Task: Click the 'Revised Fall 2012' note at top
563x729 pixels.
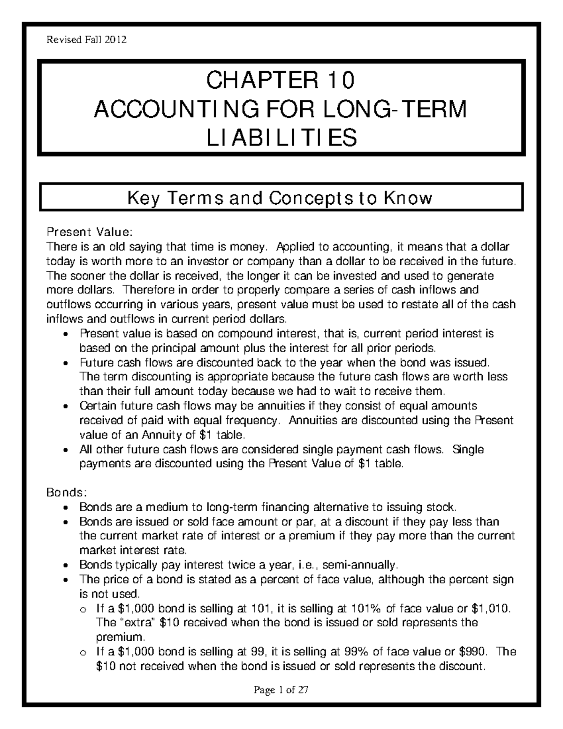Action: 86,40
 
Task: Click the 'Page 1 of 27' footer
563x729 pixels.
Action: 281,690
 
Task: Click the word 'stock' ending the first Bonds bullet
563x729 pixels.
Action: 441,507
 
